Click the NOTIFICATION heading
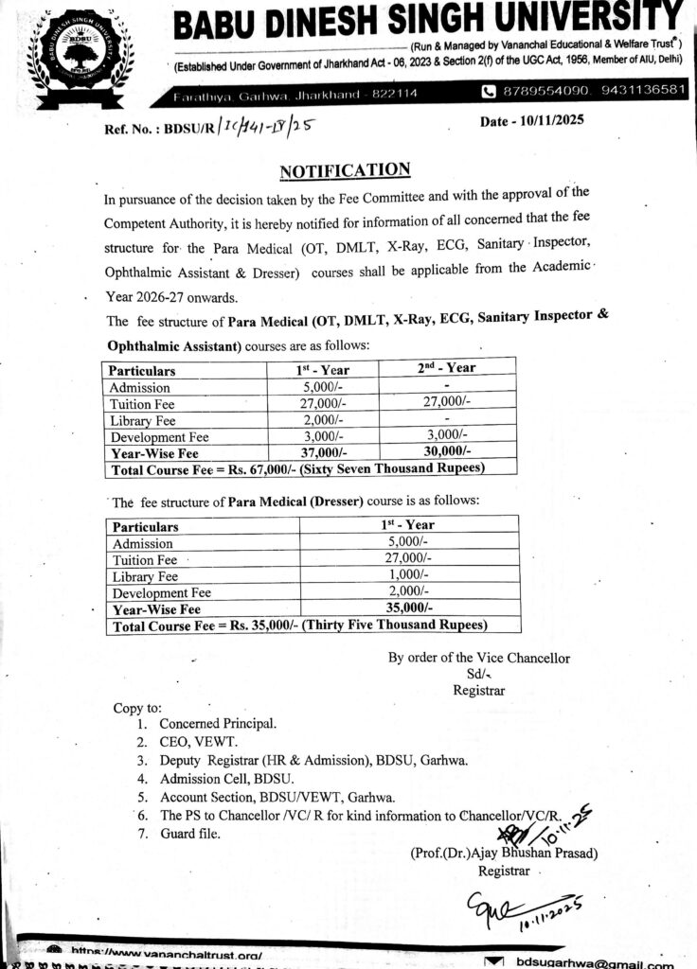[x=345, y=170]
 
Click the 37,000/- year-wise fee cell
[x=322, y=452]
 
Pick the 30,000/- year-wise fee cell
[x=447, y=452]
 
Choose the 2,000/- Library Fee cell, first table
[x=322, y=420]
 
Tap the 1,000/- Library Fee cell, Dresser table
[x=409, y=575]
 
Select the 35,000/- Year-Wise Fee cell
[x=409, y=608]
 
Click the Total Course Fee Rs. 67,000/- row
[x=297, y=468]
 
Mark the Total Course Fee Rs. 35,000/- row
[x=299, y=625]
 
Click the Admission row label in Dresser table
[x=142, y=543]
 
